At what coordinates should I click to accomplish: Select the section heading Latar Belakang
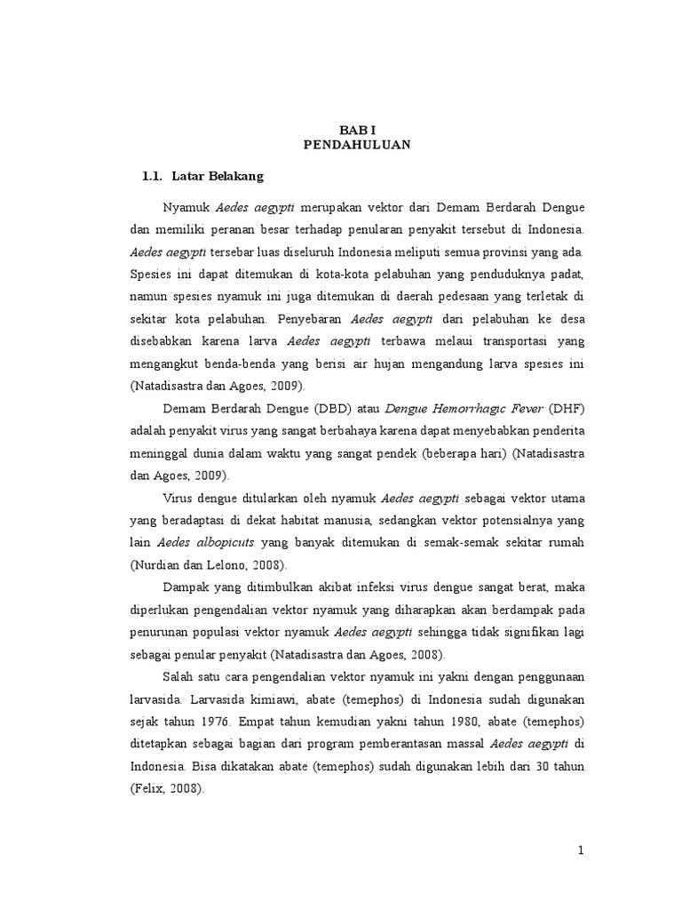(218, 176)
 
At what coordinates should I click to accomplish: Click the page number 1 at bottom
(581, 850)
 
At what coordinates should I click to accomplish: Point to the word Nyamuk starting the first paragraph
(186, 207)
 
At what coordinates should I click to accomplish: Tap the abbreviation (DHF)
(567, 409)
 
